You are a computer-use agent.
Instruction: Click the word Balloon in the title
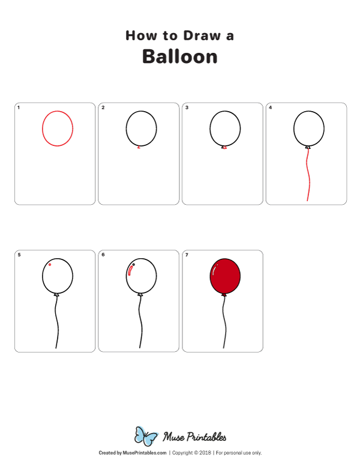tap(180, 56)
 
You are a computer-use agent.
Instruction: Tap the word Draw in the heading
tap(202, 35)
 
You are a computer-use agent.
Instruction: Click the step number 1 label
tap(19, 107)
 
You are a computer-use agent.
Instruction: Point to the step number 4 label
tap(270, 107)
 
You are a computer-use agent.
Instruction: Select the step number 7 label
tap(187, 255)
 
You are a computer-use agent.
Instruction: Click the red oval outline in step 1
tap(42, 129)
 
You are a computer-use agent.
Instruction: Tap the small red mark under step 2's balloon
tap(139, 147)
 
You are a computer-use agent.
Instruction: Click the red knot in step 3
tap(225, 147)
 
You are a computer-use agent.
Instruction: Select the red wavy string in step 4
tap(308, 175)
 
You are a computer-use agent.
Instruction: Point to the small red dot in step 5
tap(50, 264)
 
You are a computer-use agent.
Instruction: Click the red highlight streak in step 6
tap(130, 270)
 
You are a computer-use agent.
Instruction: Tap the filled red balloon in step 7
tap(225, 276)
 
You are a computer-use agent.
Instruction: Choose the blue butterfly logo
tap(146, 436)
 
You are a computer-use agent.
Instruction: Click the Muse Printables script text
tap(194, 437)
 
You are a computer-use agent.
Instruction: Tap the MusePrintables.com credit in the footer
tap(145, 453)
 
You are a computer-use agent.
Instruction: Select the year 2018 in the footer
tap(205, 453)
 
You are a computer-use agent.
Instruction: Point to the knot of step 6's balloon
tap(140, 294)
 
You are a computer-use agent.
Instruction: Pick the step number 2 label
tap(103, 107)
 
